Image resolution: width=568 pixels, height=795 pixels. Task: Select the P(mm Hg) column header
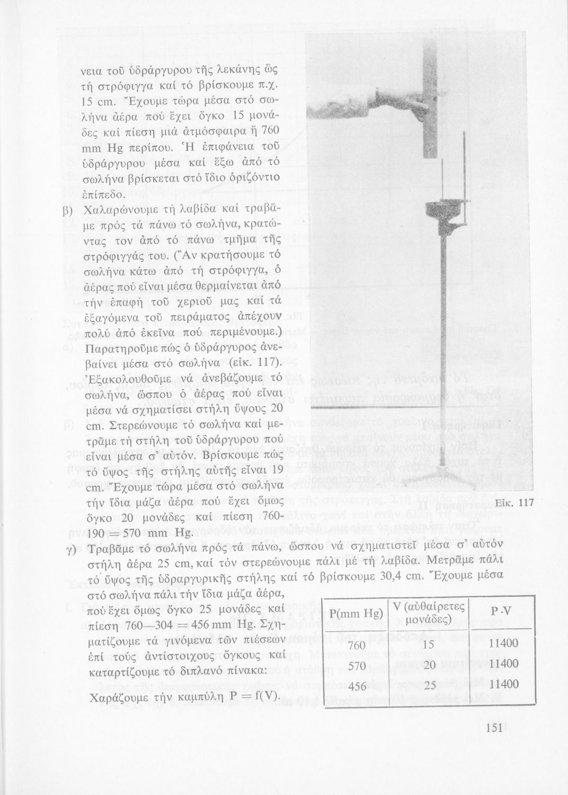(x=356, y=614)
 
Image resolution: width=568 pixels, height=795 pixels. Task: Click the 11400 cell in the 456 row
(x=503, y=684)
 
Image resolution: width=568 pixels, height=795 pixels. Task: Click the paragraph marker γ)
(x=68, y=548)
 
